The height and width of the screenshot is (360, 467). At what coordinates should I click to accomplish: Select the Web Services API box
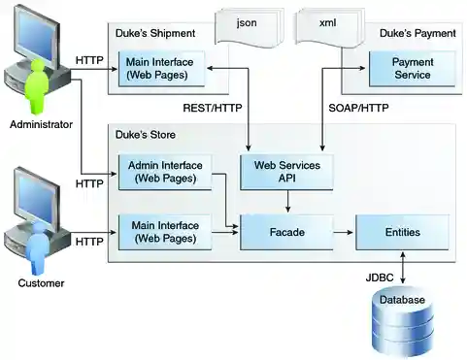click(x=286, y=172)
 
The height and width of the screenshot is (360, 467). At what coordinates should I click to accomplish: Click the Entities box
click(x=402, y=233)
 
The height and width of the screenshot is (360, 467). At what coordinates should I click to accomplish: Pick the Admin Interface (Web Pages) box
click(x=162, y=172)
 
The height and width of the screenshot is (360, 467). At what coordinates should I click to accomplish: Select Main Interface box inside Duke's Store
click(x=162, y=233)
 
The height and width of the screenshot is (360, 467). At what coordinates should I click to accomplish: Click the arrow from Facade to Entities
click(x=343, y=233)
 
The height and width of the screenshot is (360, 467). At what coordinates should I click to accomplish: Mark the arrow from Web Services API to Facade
click(x=286, y=202)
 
